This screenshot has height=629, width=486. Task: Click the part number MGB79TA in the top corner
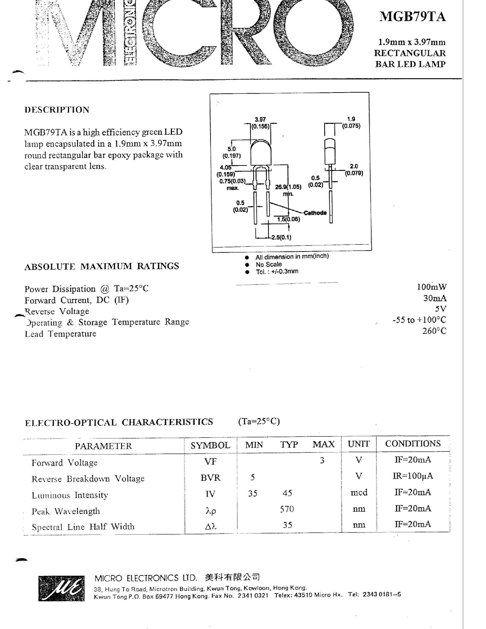tap(412, 17)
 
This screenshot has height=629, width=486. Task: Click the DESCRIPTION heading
tap(57, 110)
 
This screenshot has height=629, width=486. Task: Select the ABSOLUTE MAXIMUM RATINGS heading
tap(102, 266)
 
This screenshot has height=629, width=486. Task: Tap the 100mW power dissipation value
tap(432, 287)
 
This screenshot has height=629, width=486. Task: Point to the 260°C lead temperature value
tap(434, 331)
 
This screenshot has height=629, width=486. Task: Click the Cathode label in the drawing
tap(315, 213)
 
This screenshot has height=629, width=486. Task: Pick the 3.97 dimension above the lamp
tap(260, 119)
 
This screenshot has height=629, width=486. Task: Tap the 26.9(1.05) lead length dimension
tap(288, 187)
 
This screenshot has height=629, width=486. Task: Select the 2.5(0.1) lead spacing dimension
tap(281, 237)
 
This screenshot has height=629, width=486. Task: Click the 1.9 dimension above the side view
tap(351, 119)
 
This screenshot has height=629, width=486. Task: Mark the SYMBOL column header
tap(210, 445)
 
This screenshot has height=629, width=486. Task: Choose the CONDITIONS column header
tap(413, 444)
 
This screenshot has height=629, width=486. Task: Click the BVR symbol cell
tap(210, 478)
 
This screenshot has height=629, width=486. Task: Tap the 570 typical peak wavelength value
tap(287, 509)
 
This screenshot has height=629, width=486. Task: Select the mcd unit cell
tap(359, 492)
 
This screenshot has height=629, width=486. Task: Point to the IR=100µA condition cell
tap(413, 476)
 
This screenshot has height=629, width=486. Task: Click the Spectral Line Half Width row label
tap(83, 527)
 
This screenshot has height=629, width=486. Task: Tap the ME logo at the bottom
tap(61, 588)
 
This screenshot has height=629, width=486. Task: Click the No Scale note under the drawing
tap(269, 264)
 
